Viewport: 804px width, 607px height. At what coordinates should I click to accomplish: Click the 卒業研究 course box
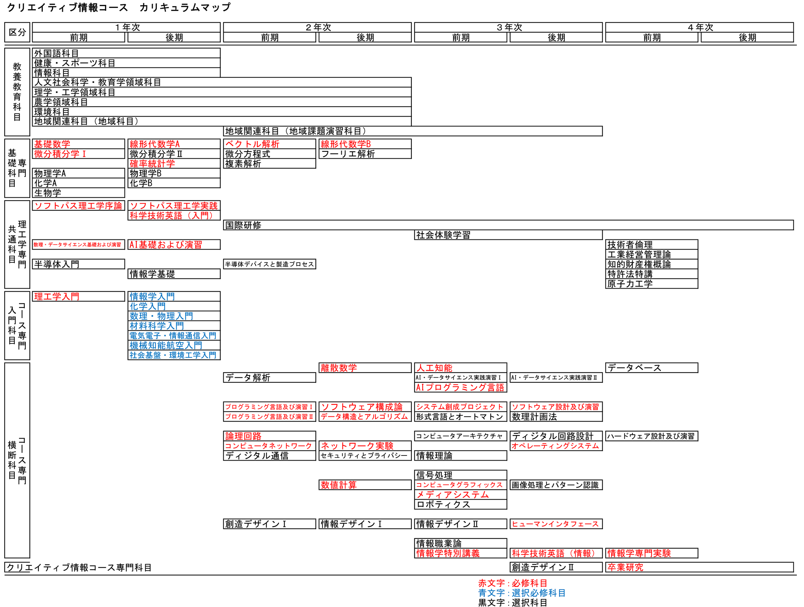tap(699, 568)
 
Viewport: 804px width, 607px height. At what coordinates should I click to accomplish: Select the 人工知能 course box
tap(461, 368)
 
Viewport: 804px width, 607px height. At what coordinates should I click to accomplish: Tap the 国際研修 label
tap(243, 225)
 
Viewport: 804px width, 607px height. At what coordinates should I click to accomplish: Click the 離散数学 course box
tap(365, 368)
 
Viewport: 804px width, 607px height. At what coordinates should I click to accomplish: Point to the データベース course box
tap(652, 368)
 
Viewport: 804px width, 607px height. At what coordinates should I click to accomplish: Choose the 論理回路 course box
tap(269, 436)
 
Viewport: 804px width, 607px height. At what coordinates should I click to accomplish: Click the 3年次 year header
tap(509, 27)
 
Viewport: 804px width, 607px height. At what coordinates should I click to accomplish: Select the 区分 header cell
tap(17, 32)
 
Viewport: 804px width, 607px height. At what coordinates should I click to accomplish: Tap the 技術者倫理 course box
tap(652, 244)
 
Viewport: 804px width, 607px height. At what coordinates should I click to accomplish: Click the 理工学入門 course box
tap(79, 297)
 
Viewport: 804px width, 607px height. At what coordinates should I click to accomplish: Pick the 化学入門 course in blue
tap(174, 307)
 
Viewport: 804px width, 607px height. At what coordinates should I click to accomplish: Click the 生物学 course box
tap(79, 193)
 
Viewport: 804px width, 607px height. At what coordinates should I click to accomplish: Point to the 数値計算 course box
tap(365, 485)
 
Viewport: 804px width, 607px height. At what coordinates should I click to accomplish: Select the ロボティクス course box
tap(461, 504)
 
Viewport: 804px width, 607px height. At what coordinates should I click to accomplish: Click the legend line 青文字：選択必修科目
tap(522, 593)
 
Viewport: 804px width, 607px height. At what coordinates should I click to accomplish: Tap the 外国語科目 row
tap(126, 53)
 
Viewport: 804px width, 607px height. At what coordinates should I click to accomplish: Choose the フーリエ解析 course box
tap(365, 154)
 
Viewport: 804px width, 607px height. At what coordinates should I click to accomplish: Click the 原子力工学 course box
tap(652, 284)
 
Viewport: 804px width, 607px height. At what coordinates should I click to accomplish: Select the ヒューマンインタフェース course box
tap(556, 524)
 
